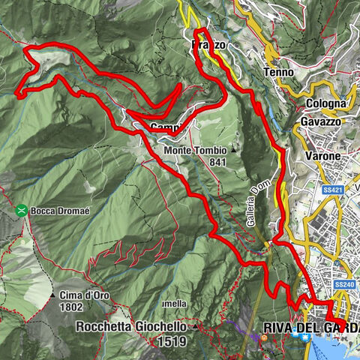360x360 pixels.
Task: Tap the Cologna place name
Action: click(329, 103)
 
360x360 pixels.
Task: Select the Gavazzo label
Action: click(322, 121)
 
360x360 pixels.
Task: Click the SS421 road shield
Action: click(335, 190)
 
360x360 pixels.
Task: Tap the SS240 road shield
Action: click(344, 285)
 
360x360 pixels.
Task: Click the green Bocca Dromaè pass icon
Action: click(22, 211)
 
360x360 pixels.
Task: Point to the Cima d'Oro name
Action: click(82, 295)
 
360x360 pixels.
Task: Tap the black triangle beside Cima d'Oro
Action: click(109, 295)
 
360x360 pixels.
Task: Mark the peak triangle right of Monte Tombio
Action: click(233, 150)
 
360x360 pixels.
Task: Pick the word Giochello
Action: click(158, 327)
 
